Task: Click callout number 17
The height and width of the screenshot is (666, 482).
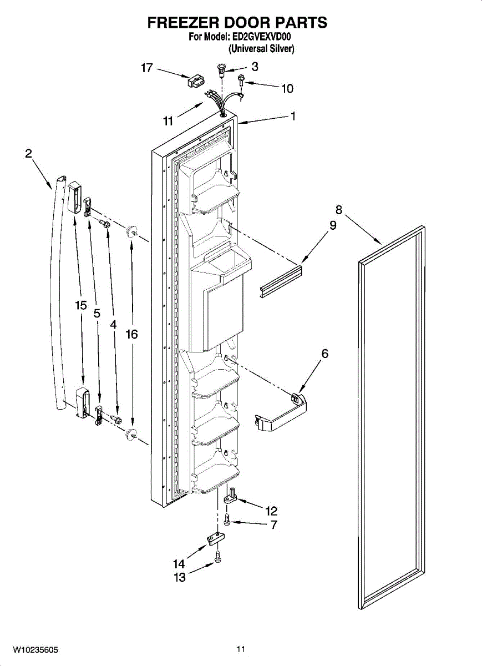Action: (x=146, y=68)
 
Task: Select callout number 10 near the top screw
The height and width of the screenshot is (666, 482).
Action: (x=287, y=88)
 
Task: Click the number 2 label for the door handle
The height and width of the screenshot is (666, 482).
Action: (x=28, y=154)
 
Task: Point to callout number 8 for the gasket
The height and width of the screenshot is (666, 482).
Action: (x=338, y=210)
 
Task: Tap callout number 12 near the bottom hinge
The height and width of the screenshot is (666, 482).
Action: (x=271, y=511)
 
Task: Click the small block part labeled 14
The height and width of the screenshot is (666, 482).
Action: (x=217, y=538)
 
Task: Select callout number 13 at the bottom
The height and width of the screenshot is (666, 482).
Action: (x=179, y=577)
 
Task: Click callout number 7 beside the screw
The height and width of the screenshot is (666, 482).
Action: (x=274, y=524)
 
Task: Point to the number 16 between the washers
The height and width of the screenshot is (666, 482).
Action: (x=131, y=334)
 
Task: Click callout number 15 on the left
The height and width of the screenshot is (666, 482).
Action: (x=82, y=305)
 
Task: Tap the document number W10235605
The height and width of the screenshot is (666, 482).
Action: (x=35, y=649)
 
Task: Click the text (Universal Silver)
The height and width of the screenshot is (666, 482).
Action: (x=261, y=49)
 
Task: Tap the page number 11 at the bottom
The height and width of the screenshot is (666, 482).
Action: (x=240, y=649)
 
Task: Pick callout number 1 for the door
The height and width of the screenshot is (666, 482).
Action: (x=293, y=117)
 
